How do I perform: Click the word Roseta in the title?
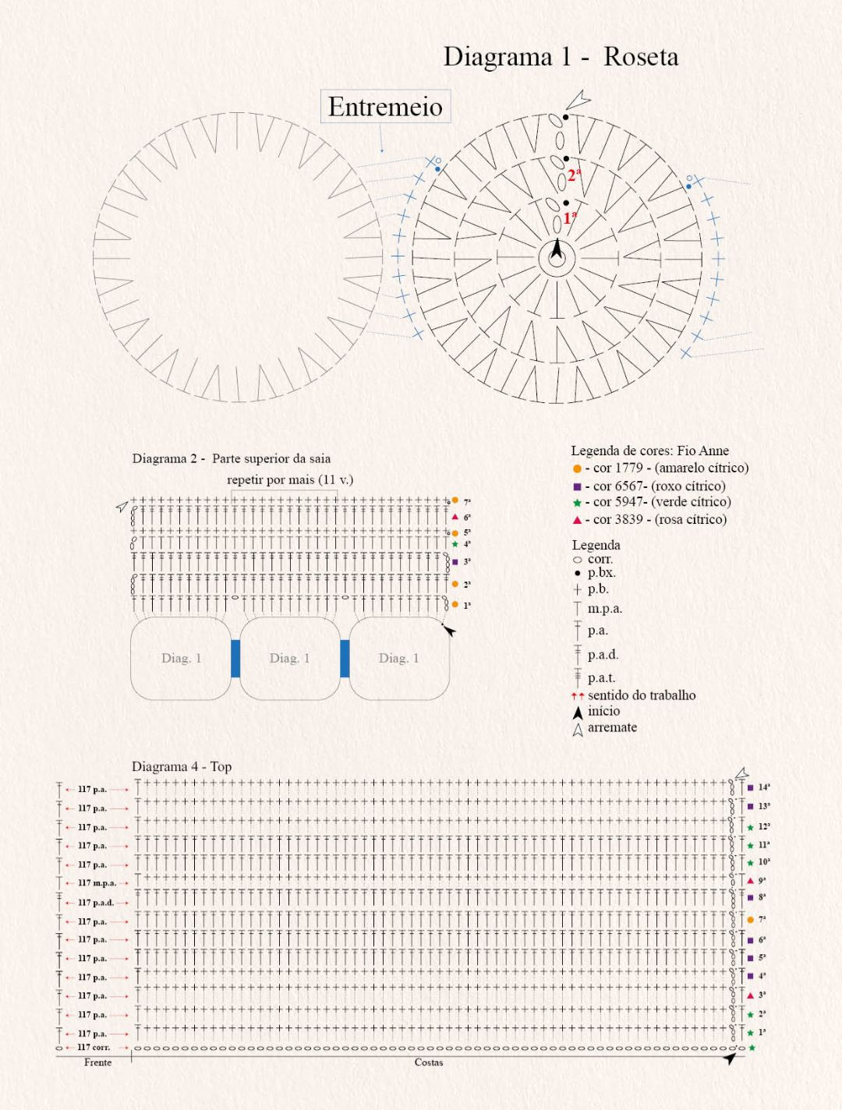[640, 57]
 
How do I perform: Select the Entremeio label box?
[385, 107]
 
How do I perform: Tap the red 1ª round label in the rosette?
[570, 217]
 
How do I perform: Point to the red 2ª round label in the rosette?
[574, 175]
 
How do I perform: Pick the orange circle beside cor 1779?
[577, 468]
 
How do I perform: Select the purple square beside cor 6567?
[577, 486]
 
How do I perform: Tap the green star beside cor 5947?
[577, 503]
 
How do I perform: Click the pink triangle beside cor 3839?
[577, 520]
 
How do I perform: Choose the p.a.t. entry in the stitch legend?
[601, 678]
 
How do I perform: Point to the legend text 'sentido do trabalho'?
[642, 695]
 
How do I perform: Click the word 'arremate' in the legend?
[612, 727]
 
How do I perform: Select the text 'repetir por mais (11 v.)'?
[290, 479]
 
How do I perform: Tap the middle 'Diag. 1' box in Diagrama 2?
[290, 658]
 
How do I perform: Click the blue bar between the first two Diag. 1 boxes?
[235, 658]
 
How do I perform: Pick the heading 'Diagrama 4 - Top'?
[182, 766]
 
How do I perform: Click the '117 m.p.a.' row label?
[97, 883]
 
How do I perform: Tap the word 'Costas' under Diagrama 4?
[429, 1062]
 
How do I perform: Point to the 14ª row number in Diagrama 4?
[764, 787]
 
